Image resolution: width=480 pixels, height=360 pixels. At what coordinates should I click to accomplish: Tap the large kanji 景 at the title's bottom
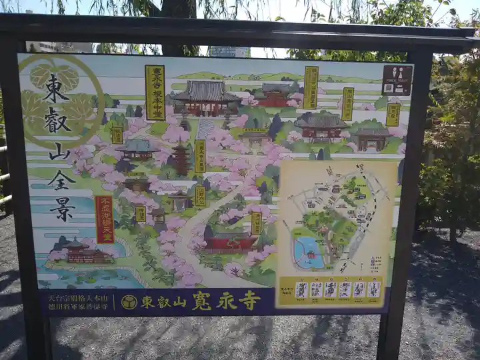coord(61,209)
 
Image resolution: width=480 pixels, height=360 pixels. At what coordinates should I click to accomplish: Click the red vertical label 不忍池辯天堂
coord(104,219)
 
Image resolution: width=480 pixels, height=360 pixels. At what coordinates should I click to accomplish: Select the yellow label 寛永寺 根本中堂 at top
coord(155,92)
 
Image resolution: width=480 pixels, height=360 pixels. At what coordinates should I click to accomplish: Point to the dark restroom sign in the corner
coord(397,80)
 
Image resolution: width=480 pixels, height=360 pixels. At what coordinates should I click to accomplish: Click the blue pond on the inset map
coord(308,253)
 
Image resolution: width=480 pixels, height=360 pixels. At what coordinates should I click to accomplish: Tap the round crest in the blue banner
coord(129,302)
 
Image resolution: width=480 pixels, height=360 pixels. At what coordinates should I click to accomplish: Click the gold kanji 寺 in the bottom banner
coord(250,301)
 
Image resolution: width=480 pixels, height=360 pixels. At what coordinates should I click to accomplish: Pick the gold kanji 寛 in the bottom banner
coord(201,301)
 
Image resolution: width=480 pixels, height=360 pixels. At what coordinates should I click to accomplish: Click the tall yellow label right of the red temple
coord(311,87)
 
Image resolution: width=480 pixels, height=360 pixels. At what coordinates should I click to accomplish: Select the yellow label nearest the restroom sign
coord(393,114)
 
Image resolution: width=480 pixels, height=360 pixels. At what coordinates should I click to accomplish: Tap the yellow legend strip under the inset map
coord(337,290)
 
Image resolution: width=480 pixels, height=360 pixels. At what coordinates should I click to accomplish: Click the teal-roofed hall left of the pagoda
coord(137,149)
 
